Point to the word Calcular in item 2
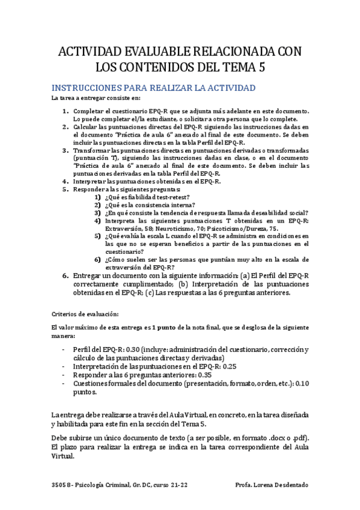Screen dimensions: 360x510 (x=87, y=127)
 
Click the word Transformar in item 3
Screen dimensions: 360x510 (x=91, y=150)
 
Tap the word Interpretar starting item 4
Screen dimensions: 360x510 (x=91, y=181)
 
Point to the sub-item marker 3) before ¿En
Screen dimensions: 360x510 (x=97, y=213)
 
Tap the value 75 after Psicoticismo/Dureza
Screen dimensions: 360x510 (x=273, y=229)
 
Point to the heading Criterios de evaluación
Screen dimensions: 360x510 (x=85, y=313)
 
